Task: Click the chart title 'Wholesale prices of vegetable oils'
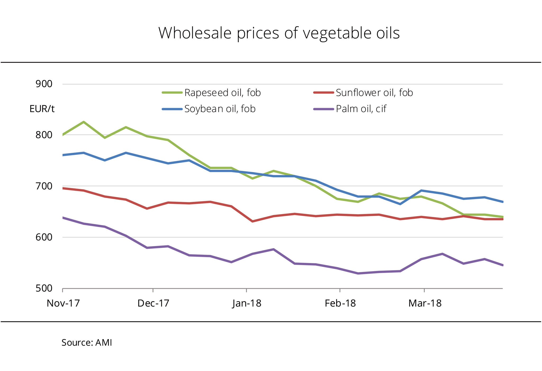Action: (x=279, y=33)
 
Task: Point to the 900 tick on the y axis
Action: (x=44, y=84)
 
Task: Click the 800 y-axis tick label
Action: (x=44, y=135)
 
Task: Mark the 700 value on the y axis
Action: (x=44, y=186)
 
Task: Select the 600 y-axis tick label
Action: (x=44, y=237)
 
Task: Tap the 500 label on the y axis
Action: (x=44, y=288)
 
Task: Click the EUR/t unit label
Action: (x=42, y=109)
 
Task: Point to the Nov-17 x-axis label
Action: (x=63, y=303)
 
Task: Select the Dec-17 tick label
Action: (x=153, y=303)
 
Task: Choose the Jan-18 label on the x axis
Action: (x=247, y=303)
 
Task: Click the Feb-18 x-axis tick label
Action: (x=340, y=303)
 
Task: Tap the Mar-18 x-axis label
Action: (x=425, y=303)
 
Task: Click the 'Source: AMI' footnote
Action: (x=87, y=343)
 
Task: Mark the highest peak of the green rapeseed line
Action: (x=84, y=122)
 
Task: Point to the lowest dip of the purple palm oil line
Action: (x=358, y=273)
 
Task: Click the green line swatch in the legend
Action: (x=172, y=93)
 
